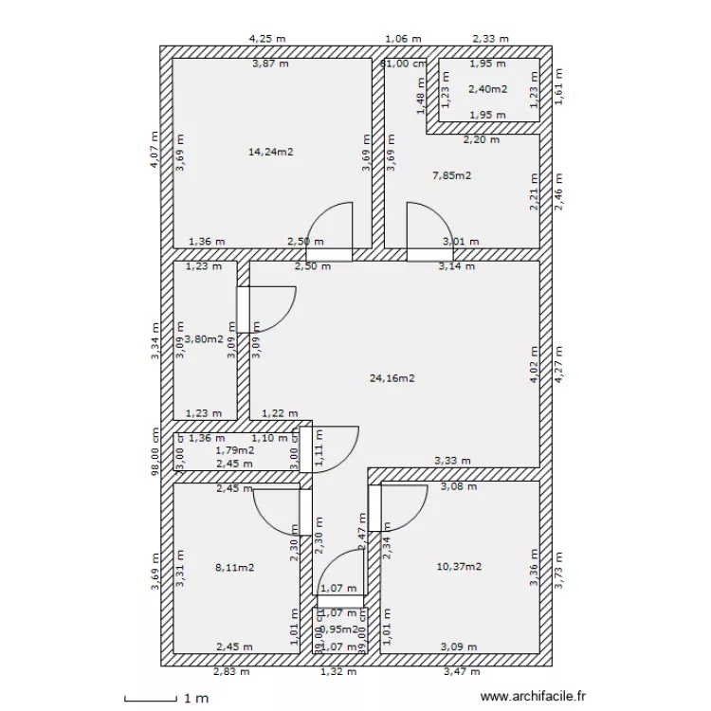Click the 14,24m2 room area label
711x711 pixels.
[270, 151]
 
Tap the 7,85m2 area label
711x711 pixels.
[452, 174]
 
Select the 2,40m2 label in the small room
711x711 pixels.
[488, 89]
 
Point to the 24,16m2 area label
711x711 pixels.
[392, 377]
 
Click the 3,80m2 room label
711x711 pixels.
[204, 338]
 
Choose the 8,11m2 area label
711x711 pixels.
[235, 567]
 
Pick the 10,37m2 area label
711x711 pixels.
[459, 566]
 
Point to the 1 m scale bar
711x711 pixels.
[156, 699]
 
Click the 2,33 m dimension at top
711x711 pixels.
[490, 39]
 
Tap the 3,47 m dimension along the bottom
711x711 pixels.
[462, 672]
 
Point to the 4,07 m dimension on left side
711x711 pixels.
[155, 151]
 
